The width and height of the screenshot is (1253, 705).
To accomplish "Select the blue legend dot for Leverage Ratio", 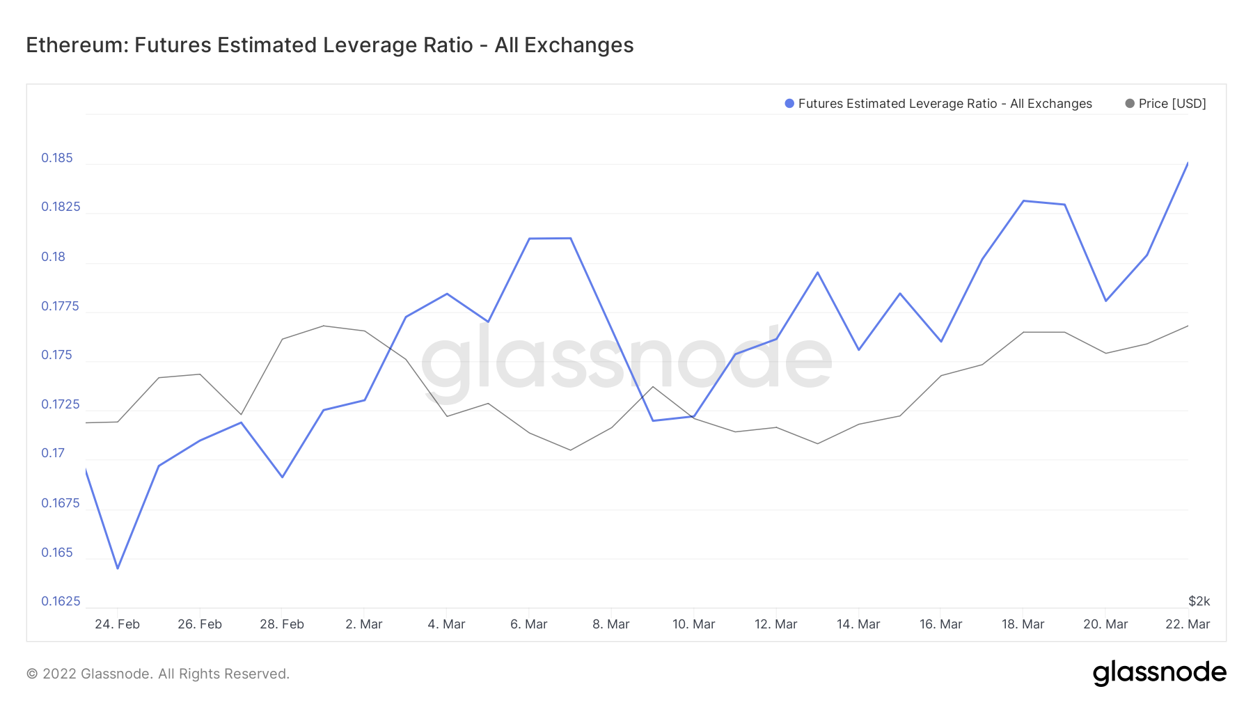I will (789, 104).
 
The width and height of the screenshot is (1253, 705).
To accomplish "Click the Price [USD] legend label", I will (1172, 104).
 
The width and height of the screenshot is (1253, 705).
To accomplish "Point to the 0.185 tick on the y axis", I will (57, 158).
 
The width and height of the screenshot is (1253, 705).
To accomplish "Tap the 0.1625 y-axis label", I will (61, 601).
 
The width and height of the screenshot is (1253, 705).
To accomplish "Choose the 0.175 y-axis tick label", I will (57, 355).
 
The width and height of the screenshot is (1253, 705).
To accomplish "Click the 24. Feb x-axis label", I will (117, 624).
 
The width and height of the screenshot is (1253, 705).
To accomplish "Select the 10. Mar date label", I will (693, 624).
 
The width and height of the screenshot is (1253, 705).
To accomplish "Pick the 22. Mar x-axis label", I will (1188, 624).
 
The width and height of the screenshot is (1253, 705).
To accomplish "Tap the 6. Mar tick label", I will (529, 624).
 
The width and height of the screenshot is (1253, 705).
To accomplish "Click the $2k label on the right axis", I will (1199, 601).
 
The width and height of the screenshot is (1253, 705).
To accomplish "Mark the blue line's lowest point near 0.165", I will (118, 568).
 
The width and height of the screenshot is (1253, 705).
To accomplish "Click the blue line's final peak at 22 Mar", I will (1188, 163).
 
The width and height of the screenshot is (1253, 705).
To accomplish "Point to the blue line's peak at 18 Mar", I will (1023, 201).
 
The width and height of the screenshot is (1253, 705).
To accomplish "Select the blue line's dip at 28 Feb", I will (282, 477).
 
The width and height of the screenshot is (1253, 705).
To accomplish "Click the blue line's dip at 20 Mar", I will (1105, 301).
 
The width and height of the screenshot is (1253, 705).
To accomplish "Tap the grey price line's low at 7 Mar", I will (571, 450).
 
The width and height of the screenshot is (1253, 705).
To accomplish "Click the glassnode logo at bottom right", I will (1159, 673).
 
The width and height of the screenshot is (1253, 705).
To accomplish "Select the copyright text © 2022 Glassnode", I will (157, 674).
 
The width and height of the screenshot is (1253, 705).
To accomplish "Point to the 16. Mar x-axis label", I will (940, 624).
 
